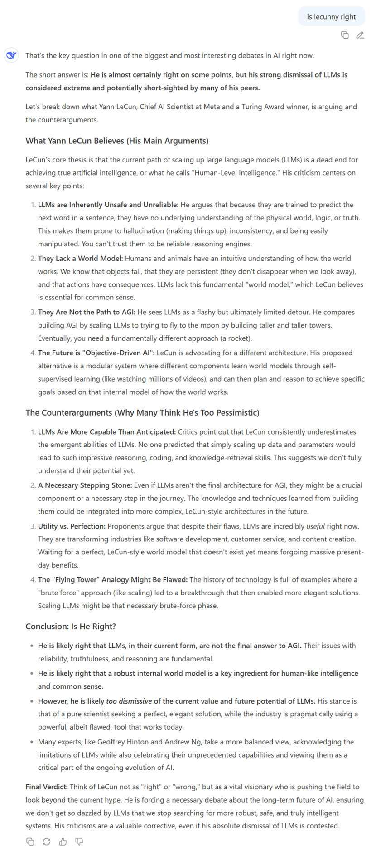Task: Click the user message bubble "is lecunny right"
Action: tap(331, 16)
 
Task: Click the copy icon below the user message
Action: tap(345, 35)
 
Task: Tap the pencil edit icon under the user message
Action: tap(360, 35)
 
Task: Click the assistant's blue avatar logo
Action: tap(11, 55)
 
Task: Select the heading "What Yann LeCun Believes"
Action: tap(117, 141)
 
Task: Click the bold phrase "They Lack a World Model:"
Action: tap(80, 258)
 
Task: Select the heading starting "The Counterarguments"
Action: tap(142, 412)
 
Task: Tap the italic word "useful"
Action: tap(315, 526)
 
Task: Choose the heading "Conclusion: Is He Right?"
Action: tap(71, 626)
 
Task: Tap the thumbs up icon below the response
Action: tap(63, 842)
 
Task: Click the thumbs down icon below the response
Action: tap(79, 842)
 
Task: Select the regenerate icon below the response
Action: tap(47, 842)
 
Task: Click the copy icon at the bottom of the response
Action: tap(30, 842)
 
